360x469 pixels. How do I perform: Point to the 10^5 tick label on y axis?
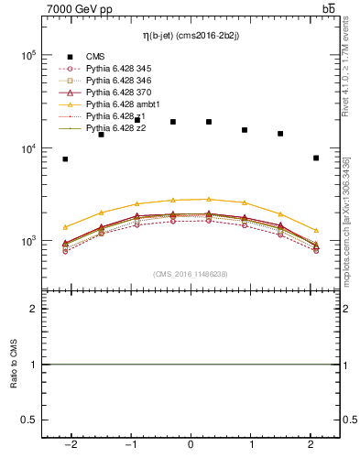(x=27, y=56)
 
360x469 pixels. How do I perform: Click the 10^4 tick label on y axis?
(x=27, y=148)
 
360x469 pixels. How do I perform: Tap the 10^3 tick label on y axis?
(x=27, y=241)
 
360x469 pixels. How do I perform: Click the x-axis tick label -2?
(x=70, y=445)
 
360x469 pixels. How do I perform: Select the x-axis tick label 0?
(x=191, y=445)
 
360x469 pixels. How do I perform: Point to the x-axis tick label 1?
(x=251, y=445)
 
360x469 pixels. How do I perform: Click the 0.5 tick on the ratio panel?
(x=27, y=420)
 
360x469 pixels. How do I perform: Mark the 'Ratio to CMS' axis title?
(x=13, y=365)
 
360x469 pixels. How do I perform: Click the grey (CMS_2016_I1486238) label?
(x=191, y=274)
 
